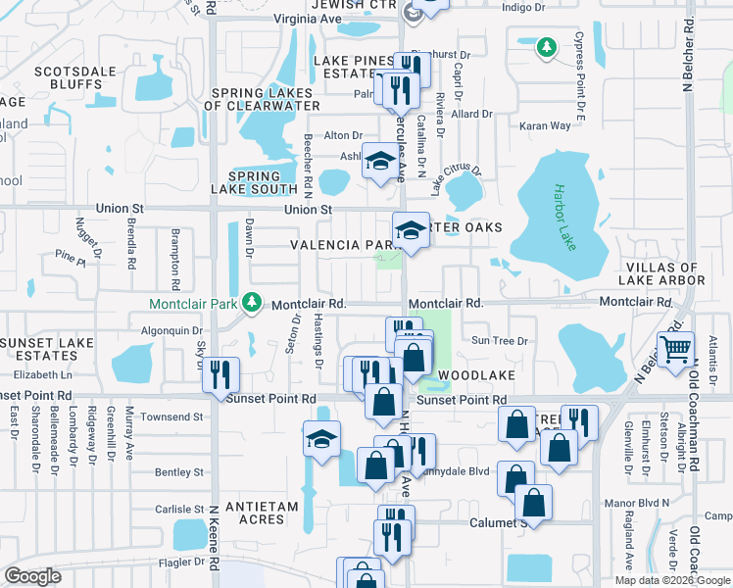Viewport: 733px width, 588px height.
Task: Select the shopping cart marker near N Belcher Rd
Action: (x=675, y=350)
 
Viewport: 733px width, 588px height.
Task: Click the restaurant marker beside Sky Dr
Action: (x=220, y=374)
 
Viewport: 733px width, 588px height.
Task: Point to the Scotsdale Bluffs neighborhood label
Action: (x=68, y=78)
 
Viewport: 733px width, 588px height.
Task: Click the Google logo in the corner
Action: (x=31, y=576)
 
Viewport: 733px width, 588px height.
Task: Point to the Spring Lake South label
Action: (x=255, y=188)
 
